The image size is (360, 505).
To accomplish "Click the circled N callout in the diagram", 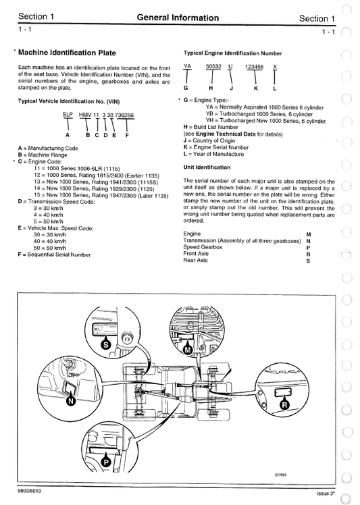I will click(x=72, y=400).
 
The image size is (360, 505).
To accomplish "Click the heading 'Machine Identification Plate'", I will click(x=67, y=52).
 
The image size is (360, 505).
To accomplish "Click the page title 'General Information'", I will click(x=178, y=18).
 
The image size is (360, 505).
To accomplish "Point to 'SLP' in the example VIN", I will click(x=68, y=115).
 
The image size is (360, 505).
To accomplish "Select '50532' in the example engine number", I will click(x=213, y=67).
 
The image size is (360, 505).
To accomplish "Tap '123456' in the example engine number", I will click(x=254, y=67).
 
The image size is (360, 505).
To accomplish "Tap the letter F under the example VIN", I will click(x=126, y=136).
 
